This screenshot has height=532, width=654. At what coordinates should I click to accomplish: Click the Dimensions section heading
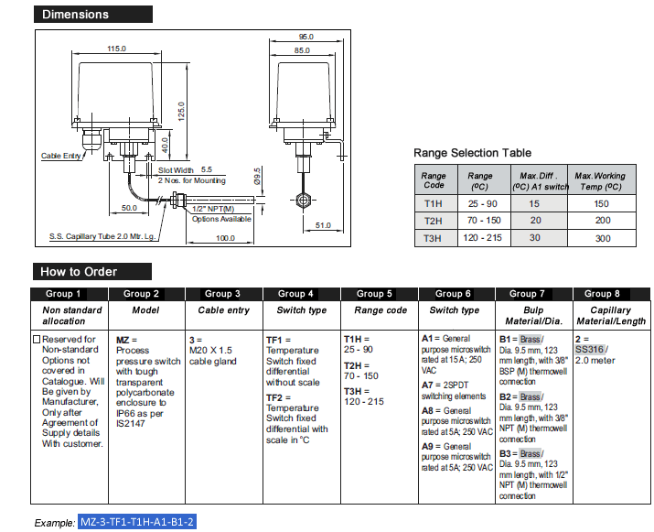[75, 14]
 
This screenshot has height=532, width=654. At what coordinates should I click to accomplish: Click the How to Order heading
[79, 271]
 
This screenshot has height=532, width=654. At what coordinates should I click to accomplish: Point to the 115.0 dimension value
[116, 49]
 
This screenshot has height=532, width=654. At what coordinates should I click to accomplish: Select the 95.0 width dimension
[306, 37]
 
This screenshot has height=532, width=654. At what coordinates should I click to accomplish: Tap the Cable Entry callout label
[62, 156]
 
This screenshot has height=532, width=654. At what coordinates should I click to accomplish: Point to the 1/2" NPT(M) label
[209, 209]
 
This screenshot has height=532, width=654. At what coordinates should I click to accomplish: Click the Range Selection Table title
[472, 153]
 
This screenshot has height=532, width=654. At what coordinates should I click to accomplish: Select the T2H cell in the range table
[434, 221]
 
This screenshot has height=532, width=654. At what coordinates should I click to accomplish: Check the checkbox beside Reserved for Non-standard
[38, 340]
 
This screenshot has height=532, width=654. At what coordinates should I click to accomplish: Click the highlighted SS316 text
[589, 350]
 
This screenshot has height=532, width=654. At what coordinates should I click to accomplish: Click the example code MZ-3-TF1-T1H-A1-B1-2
[137, 521]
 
